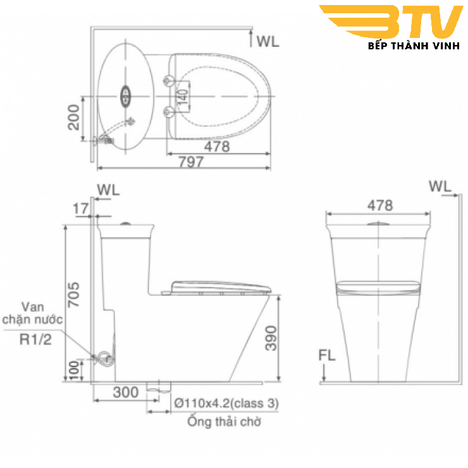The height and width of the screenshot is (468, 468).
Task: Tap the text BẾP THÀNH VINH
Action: tap(416, 47)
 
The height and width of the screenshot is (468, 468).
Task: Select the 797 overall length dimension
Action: tap(190, 162)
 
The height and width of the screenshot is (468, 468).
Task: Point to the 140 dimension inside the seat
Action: tap(181, 96)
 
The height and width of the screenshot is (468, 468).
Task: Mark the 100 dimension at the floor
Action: tap(74, 369)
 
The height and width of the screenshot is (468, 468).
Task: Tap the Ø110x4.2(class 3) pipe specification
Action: tap(226, 402)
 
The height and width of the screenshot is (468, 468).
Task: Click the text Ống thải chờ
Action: tap(223, 422)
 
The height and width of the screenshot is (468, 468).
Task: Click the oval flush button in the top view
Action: tap(125, 95)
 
